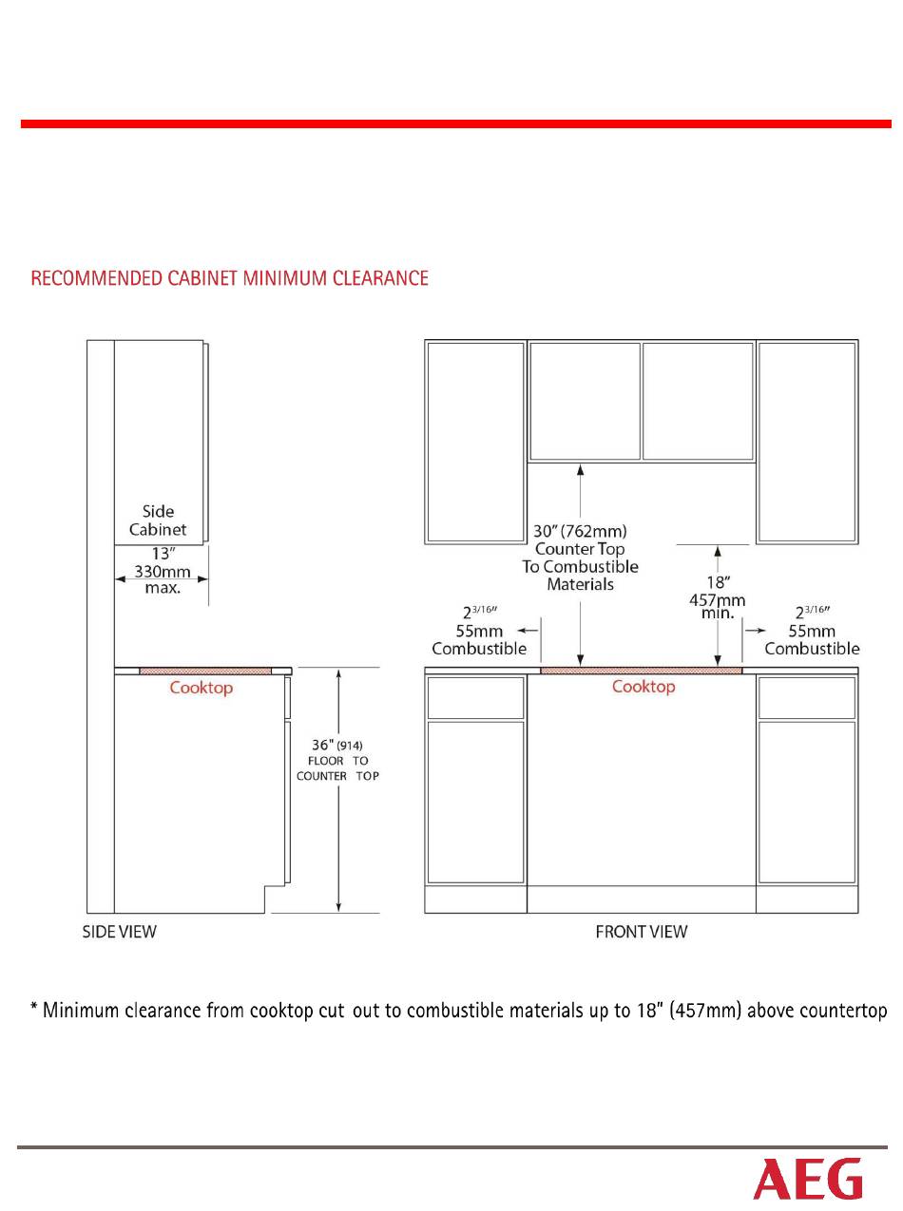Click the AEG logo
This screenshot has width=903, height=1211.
coord(808,1178)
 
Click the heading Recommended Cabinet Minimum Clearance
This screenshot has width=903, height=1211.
coord(230,278)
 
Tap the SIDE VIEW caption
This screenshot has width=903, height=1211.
coord(119,932)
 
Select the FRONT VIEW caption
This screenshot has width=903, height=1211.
coord(641,932)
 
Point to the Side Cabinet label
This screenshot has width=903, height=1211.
coord(158,520)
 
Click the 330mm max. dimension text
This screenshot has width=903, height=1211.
coord(162,580)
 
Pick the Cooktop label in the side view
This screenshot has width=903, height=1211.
coord(201,688)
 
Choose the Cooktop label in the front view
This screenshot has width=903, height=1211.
coord(644,686)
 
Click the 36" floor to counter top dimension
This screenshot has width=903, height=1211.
coord(337,760)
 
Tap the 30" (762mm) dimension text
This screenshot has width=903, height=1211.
coord(580,530)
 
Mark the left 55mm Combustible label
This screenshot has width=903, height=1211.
coord(479,639)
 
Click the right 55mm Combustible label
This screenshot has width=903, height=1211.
coord(812,639)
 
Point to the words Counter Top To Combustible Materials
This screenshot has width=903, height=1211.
coord(580,567)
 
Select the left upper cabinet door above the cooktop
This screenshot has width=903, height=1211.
coord(585,401)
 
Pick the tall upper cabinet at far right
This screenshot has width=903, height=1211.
coord(807,442)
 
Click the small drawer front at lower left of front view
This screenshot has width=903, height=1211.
coord(475,697)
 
